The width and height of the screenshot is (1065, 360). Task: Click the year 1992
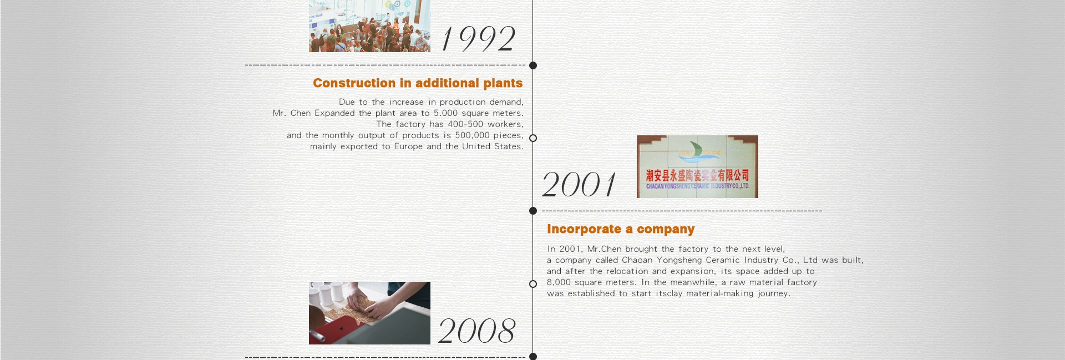tap(479, 39)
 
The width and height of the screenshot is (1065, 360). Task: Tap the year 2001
tap(579, 184)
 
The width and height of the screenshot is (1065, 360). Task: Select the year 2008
tap(477, 331)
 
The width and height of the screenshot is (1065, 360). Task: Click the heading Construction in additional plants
tap(418, 83)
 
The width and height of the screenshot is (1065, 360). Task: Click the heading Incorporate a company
tap(621, 229)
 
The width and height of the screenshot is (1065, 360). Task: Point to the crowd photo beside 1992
tap(369, 26)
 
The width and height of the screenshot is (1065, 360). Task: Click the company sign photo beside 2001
tap(697, 166)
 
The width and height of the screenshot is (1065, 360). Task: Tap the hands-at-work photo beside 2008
tap(369, 313)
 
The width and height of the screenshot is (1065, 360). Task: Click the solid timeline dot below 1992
tap(533, 65)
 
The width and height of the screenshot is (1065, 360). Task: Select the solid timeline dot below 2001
tap(533, 211)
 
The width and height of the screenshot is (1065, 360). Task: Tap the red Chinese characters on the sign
tap(697, 176)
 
